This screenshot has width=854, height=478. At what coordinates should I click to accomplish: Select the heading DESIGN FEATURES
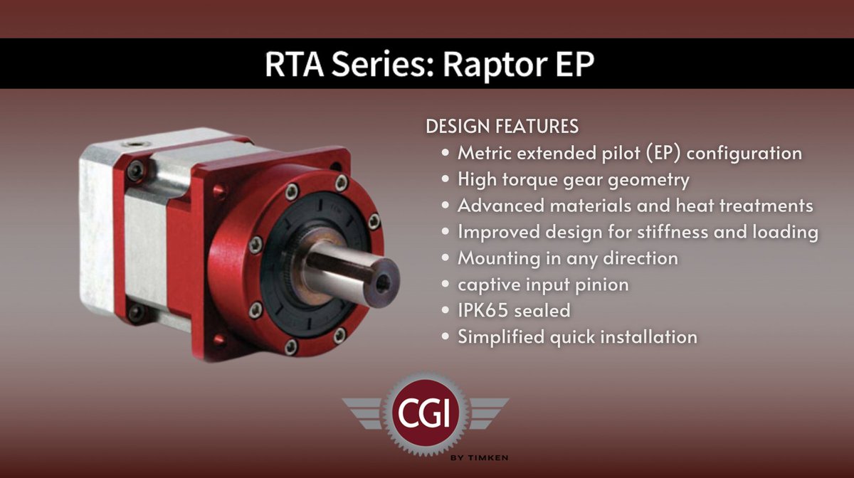coord(502,127)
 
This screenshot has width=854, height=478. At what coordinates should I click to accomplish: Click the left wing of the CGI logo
coord(367,413)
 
